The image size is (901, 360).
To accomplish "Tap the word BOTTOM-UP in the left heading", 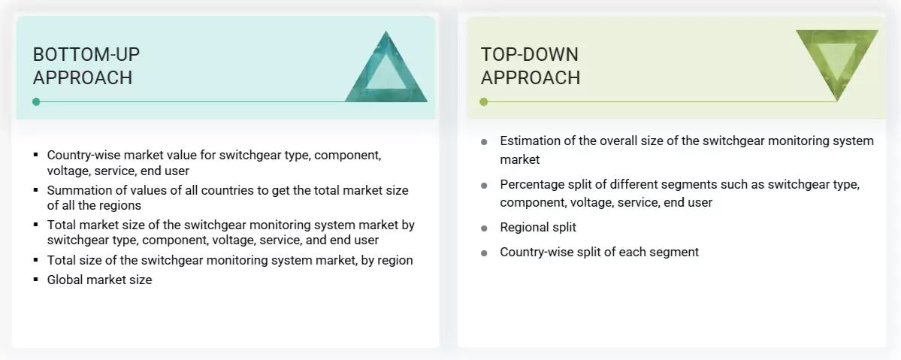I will (x=86, y=54).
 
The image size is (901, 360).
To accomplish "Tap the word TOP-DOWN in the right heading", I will (x=530, y=54).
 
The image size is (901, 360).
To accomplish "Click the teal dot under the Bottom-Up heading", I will (x=36, y=101).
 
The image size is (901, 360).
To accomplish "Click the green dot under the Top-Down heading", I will (x=484, y=101).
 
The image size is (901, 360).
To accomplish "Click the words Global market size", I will (x=99, y=280).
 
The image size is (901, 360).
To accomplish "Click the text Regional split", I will (x=538, y=227).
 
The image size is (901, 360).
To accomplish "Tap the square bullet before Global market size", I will (x=35, y=280).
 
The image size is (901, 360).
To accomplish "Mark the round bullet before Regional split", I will (x=485, y=228).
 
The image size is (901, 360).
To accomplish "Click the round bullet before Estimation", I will (x=485, y=141).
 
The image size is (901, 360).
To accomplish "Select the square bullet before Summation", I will (x=35, y=190).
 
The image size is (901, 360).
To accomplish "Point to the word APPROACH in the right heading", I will (x=531, y=77).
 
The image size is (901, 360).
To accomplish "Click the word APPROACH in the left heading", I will (x=83, y=77).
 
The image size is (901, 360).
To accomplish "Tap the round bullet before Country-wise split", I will (x=485, y=253).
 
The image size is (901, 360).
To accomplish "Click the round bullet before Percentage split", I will (x=485, y=185).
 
